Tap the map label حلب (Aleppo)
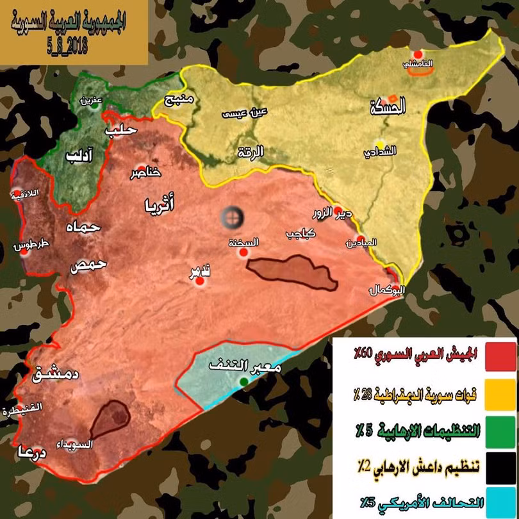[x=122, y=130]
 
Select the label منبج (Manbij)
[x=179, y=101]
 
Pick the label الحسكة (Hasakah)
[x=389, y=108]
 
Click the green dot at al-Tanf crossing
[x=243, y=383]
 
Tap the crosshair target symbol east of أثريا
[x=232, y=218]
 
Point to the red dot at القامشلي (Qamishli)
[x=418, y=55]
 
